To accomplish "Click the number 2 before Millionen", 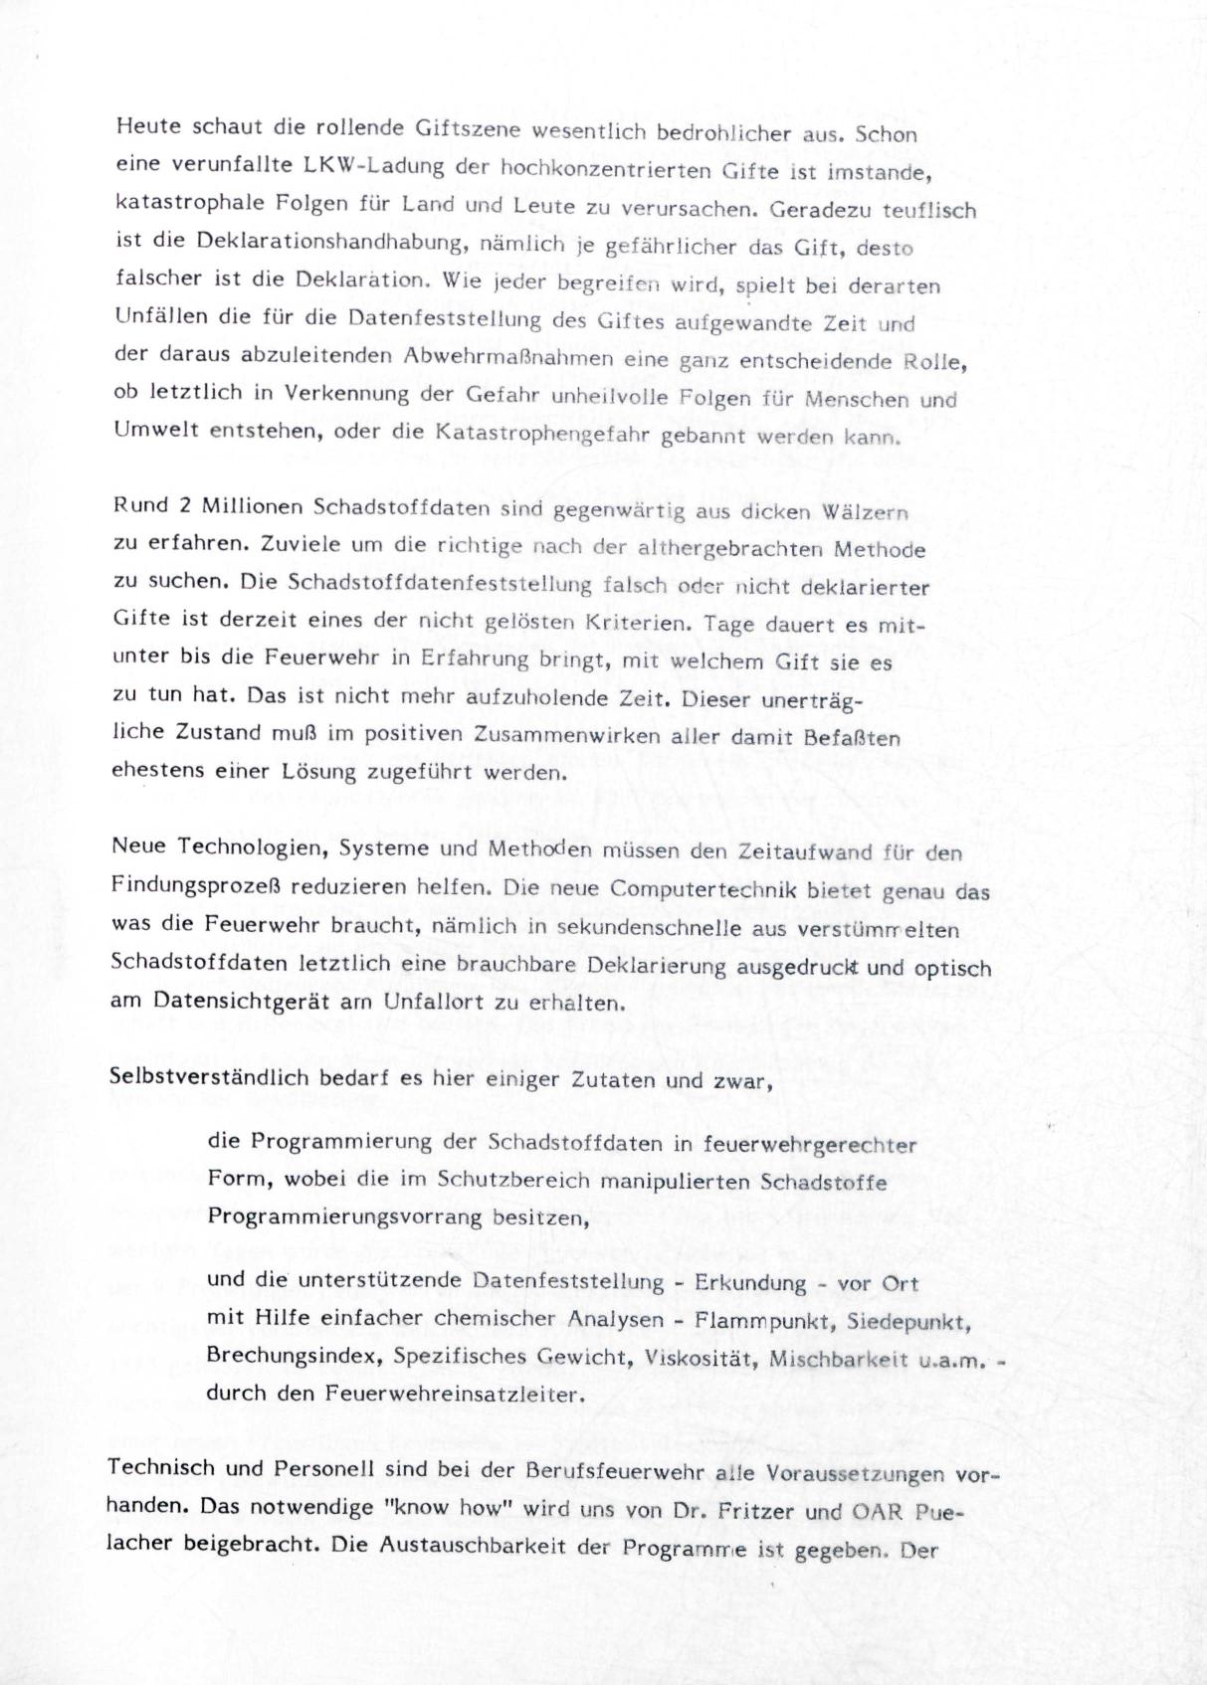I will click(184, 505).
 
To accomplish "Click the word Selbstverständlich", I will click(210, 1078).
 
